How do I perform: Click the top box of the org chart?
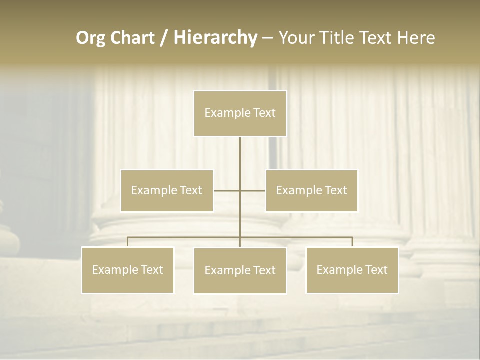(x=240, y=113)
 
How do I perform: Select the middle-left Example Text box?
(x=167, y=190)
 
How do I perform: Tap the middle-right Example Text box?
(x=311, y=190)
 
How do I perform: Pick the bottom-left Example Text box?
(x=128, y=270)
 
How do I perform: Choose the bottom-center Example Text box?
(x=240, y=271)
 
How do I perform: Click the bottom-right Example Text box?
(x=352, y=270)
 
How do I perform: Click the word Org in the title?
(x=90, y=38)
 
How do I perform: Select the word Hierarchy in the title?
(x=215, y=38)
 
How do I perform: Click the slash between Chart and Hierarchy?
(x=163, y=38)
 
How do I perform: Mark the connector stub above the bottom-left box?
(x=128, y=242)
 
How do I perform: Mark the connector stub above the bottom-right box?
(x=352, y=242)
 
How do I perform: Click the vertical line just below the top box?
(x=240, y=150)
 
